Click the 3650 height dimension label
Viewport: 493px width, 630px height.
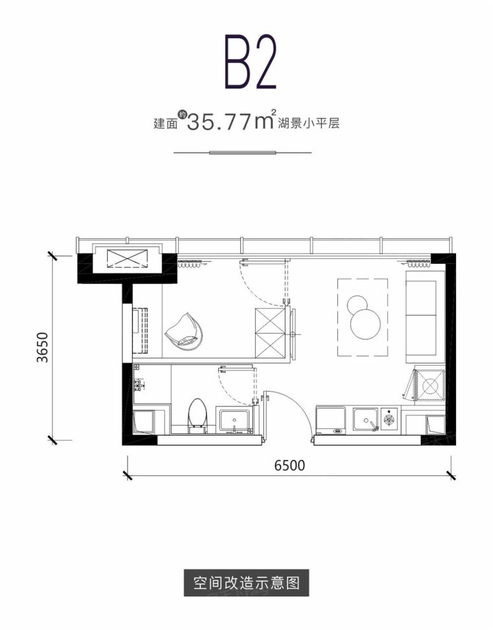pyautogui.click(x=42, y=347)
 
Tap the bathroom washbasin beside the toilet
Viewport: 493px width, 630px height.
pyautogui.click(x=235, y=422)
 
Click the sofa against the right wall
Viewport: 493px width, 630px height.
pyautogui.click(x=425, y=313)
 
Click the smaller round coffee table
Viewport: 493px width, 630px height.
pyautogui.click(x=355, y=304)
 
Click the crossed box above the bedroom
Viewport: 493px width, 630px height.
pyautogui.click(x=126, y=259)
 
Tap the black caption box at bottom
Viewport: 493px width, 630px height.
pyautogui.click(x=246, y=582)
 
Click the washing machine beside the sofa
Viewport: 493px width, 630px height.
pyautogui.click(x=429, y=387)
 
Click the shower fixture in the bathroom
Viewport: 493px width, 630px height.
pyautogui.click(x=140, y=385)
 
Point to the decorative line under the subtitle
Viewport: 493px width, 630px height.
pyautogui.click(x=242, y=153)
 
